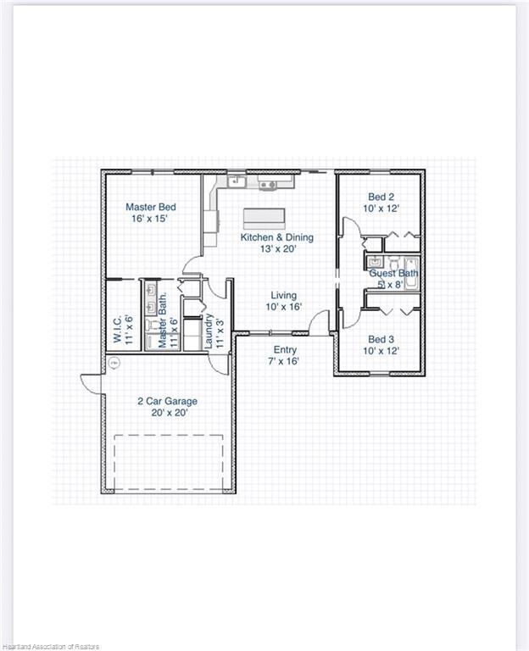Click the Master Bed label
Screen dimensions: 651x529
151,207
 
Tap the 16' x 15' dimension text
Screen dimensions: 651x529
150,219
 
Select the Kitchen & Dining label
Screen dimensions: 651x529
276,237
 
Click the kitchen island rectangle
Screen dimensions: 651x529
266,219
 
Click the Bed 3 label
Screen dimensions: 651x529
381,338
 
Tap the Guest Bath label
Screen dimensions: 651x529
393,274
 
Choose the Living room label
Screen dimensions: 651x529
284,295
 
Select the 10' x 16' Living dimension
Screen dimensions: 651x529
284,307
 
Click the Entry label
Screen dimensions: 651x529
284,349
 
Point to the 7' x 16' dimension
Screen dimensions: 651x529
284,361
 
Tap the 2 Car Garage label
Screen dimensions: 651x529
167,401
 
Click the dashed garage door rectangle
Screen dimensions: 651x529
169,463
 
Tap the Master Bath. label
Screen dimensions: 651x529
163,327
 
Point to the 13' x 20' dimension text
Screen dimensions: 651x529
276,249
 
